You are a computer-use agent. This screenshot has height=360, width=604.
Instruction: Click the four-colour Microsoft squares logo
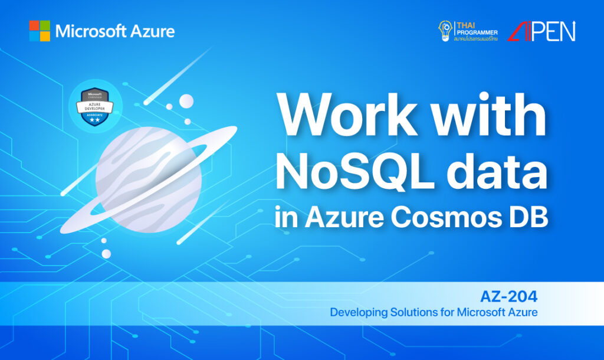[x=40, y=31]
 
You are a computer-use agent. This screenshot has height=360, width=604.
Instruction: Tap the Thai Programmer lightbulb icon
[x=445, y=30]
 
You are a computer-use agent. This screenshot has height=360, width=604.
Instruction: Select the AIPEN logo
[x=542, y=31]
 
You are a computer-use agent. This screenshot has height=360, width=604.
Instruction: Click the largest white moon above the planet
[x=186, y=101]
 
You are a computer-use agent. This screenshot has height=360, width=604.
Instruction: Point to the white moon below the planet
[x=106, y=253]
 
